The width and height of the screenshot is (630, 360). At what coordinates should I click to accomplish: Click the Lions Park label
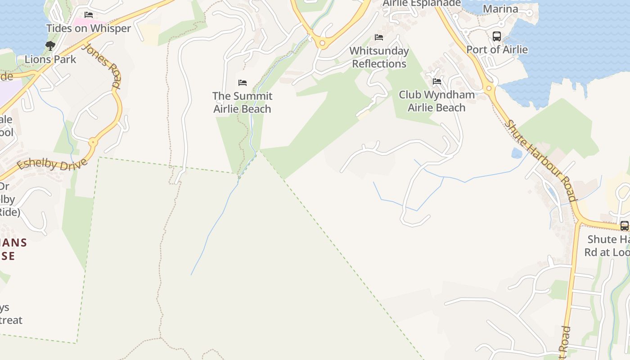pos(50,59)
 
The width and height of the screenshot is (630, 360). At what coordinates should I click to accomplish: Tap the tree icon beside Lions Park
pos(50,45)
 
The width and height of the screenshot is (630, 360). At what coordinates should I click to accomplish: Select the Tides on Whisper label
pos(89,28)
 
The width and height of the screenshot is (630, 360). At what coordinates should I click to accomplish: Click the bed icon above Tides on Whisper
pos(89,15)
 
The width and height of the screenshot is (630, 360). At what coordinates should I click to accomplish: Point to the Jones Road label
pos(103,66)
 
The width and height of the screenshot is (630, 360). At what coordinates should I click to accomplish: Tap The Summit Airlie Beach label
pos(242,102)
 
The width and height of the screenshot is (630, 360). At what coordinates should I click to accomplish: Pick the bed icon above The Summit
pos(243,83)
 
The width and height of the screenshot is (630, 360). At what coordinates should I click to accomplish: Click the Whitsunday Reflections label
pos(379,57)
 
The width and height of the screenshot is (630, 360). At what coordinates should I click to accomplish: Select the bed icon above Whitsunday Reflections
pos(379,37)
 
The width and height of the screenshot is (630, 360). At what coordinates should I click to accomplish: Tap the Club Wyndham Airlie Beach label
pos(436,101)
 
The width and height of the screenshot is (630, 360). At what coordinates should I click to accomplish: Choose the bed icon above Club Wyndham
pos(436,81)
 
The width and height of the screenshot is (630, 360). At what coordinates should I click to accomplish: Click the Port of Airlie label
pos(497,49)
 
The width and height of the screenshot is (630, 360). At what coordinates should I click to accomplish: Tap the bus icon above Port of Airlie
pos(497,36)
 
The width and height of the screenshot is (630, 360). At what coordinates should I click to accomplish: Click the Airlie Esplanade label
pos(422,4)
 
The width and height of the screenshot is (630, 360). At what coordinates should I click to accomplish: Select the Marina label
pos(500,9)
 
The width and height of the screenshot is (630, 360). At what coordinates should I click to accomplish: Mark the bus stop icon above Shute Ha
pos(624,225)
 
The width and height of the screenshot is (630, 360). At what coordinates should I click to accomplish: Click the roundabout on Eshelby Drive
pos(94,142)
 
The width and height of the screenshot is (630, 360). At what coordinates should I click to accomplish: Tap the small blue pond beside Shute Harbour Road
pos(517,153)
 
